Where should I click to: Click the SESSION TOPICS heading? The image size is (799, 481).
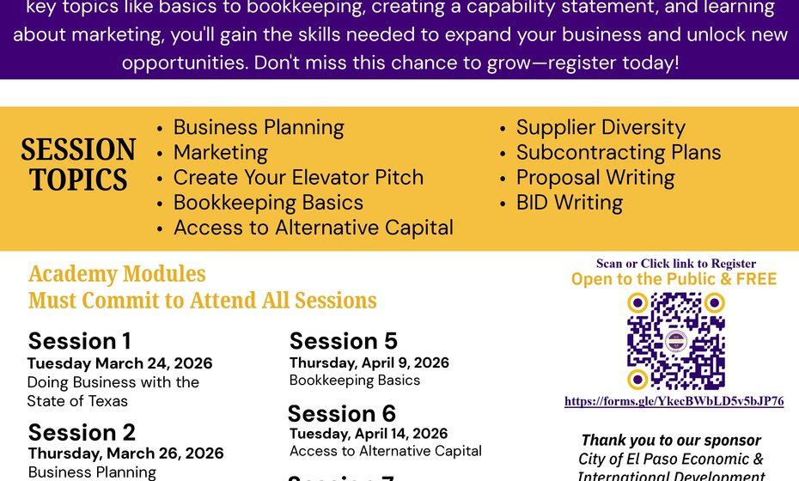pos(78,165)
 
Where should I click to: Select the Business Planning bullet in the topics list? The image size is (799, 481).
pos(259,128)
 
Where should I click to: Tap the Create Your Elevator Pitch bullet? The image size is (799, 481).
pos(298,178)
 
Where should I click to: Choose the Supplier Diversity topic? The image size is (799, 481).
pos(601,128)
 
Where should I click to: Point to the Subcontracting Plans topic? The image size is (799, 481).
pos(619,153)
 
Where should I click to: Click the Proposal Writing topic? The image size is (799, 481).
pos(595,178)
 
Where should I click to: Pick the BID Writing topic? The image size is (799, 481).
pos(570,203)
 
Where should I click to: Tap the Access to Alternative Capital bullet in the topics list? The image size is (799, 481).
pos(313,228)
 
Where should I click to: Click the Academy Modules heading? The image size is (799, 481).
pos(117,274)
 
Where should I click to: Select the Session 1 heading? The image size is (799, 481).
pos(80,341)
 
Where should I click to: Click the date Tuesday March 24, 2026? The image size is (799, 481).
pos(119,363)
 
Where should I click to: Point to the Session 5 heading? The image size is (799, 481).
pos(344,341)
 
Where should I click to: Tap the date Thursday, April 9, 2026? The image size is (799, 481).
pos(369,362)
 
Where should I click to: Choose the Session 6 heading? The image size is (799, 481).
pos(342,413)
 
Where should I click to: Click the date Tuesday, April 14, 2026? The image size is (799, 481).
pos(369,434)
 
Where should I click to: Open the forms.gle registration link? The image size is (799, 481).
pos(674,401)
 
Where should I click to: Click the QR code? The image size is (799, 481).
pos(675,341)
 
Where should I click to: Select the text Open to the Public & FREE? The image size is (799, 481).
pos(674,279)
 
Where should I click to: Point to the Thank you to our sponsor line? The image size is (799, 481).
pos(671,441)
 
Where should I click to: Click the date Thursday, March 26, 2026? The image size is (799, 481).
pos(125,454)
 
